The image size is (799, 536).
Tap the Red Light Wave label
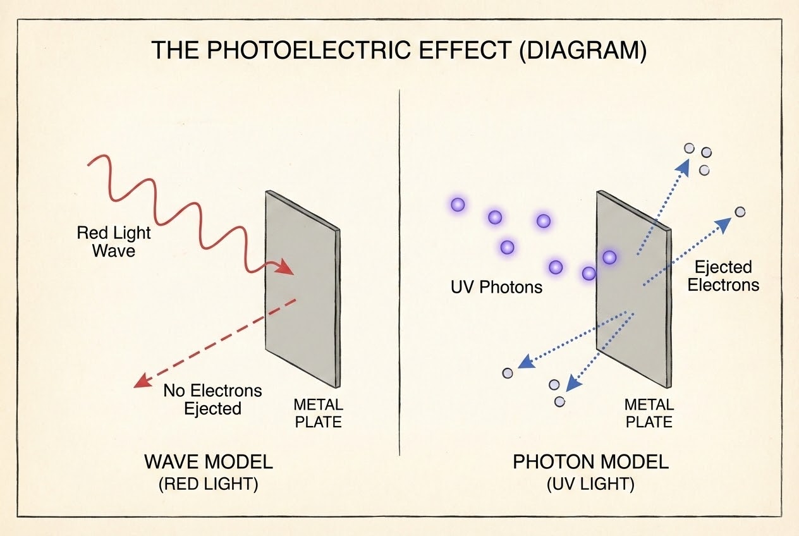[x=113, y=241]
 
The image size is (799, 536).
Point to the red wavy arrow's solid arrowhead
[x=286, y=266]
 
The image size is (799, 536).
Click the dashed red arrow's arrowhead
[x=142, y=381]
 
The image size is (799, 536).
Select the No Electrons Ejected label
[x=212, y=399]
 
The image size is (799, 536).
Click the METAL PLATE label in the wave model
[x=318, y=413]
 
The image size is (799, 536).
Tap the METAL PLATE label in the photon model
[x=649, y=413]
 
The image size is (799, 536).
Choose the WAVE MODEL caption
[x=209, y=462]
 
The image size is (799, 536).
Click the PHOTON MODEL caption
[x=590, y=462]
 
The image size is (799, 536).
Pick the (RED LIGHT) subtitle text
[x=209, y=484]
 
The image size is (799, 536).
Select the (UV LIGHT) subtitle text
[x=590, y=484]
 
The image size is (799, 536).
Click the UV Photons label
[x=496, y=287]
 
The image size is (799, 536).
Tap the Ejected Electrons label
[x=723, y=276]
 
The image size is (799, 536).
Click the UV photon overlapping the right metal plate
[x=609, y=257]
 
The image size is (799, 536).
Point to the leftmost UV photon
[x=458, y=205]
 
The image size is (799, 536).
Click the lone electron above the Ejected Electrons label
[x=740, y=212]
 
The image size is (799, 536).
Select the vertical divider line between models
[x=399, y=272]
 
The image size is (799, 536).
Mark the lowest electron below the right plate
[x=559, y=402]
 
